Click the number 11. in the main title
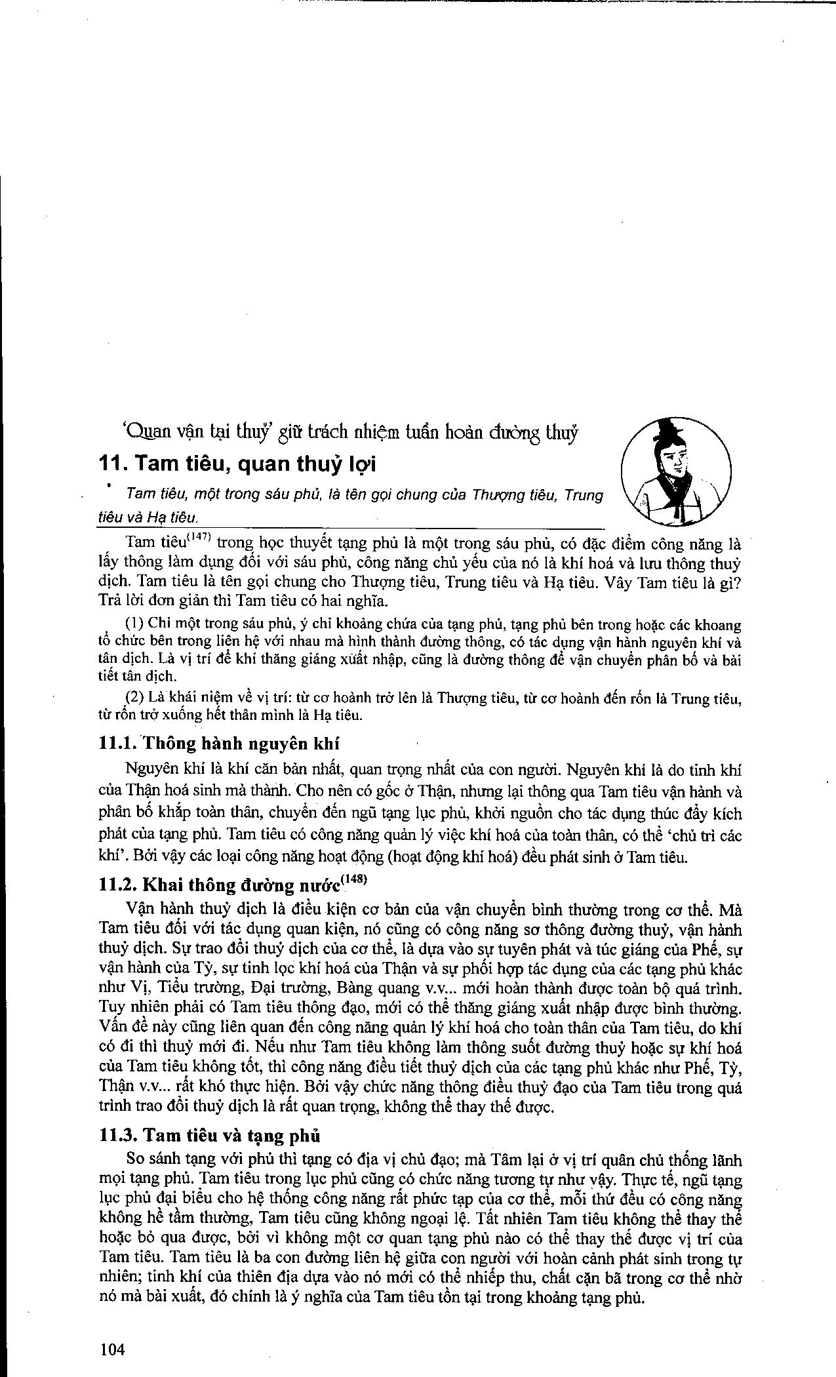(113, 464)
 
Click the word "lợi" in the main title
(361, 465)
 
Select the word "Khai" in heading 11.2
(163, 885)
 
